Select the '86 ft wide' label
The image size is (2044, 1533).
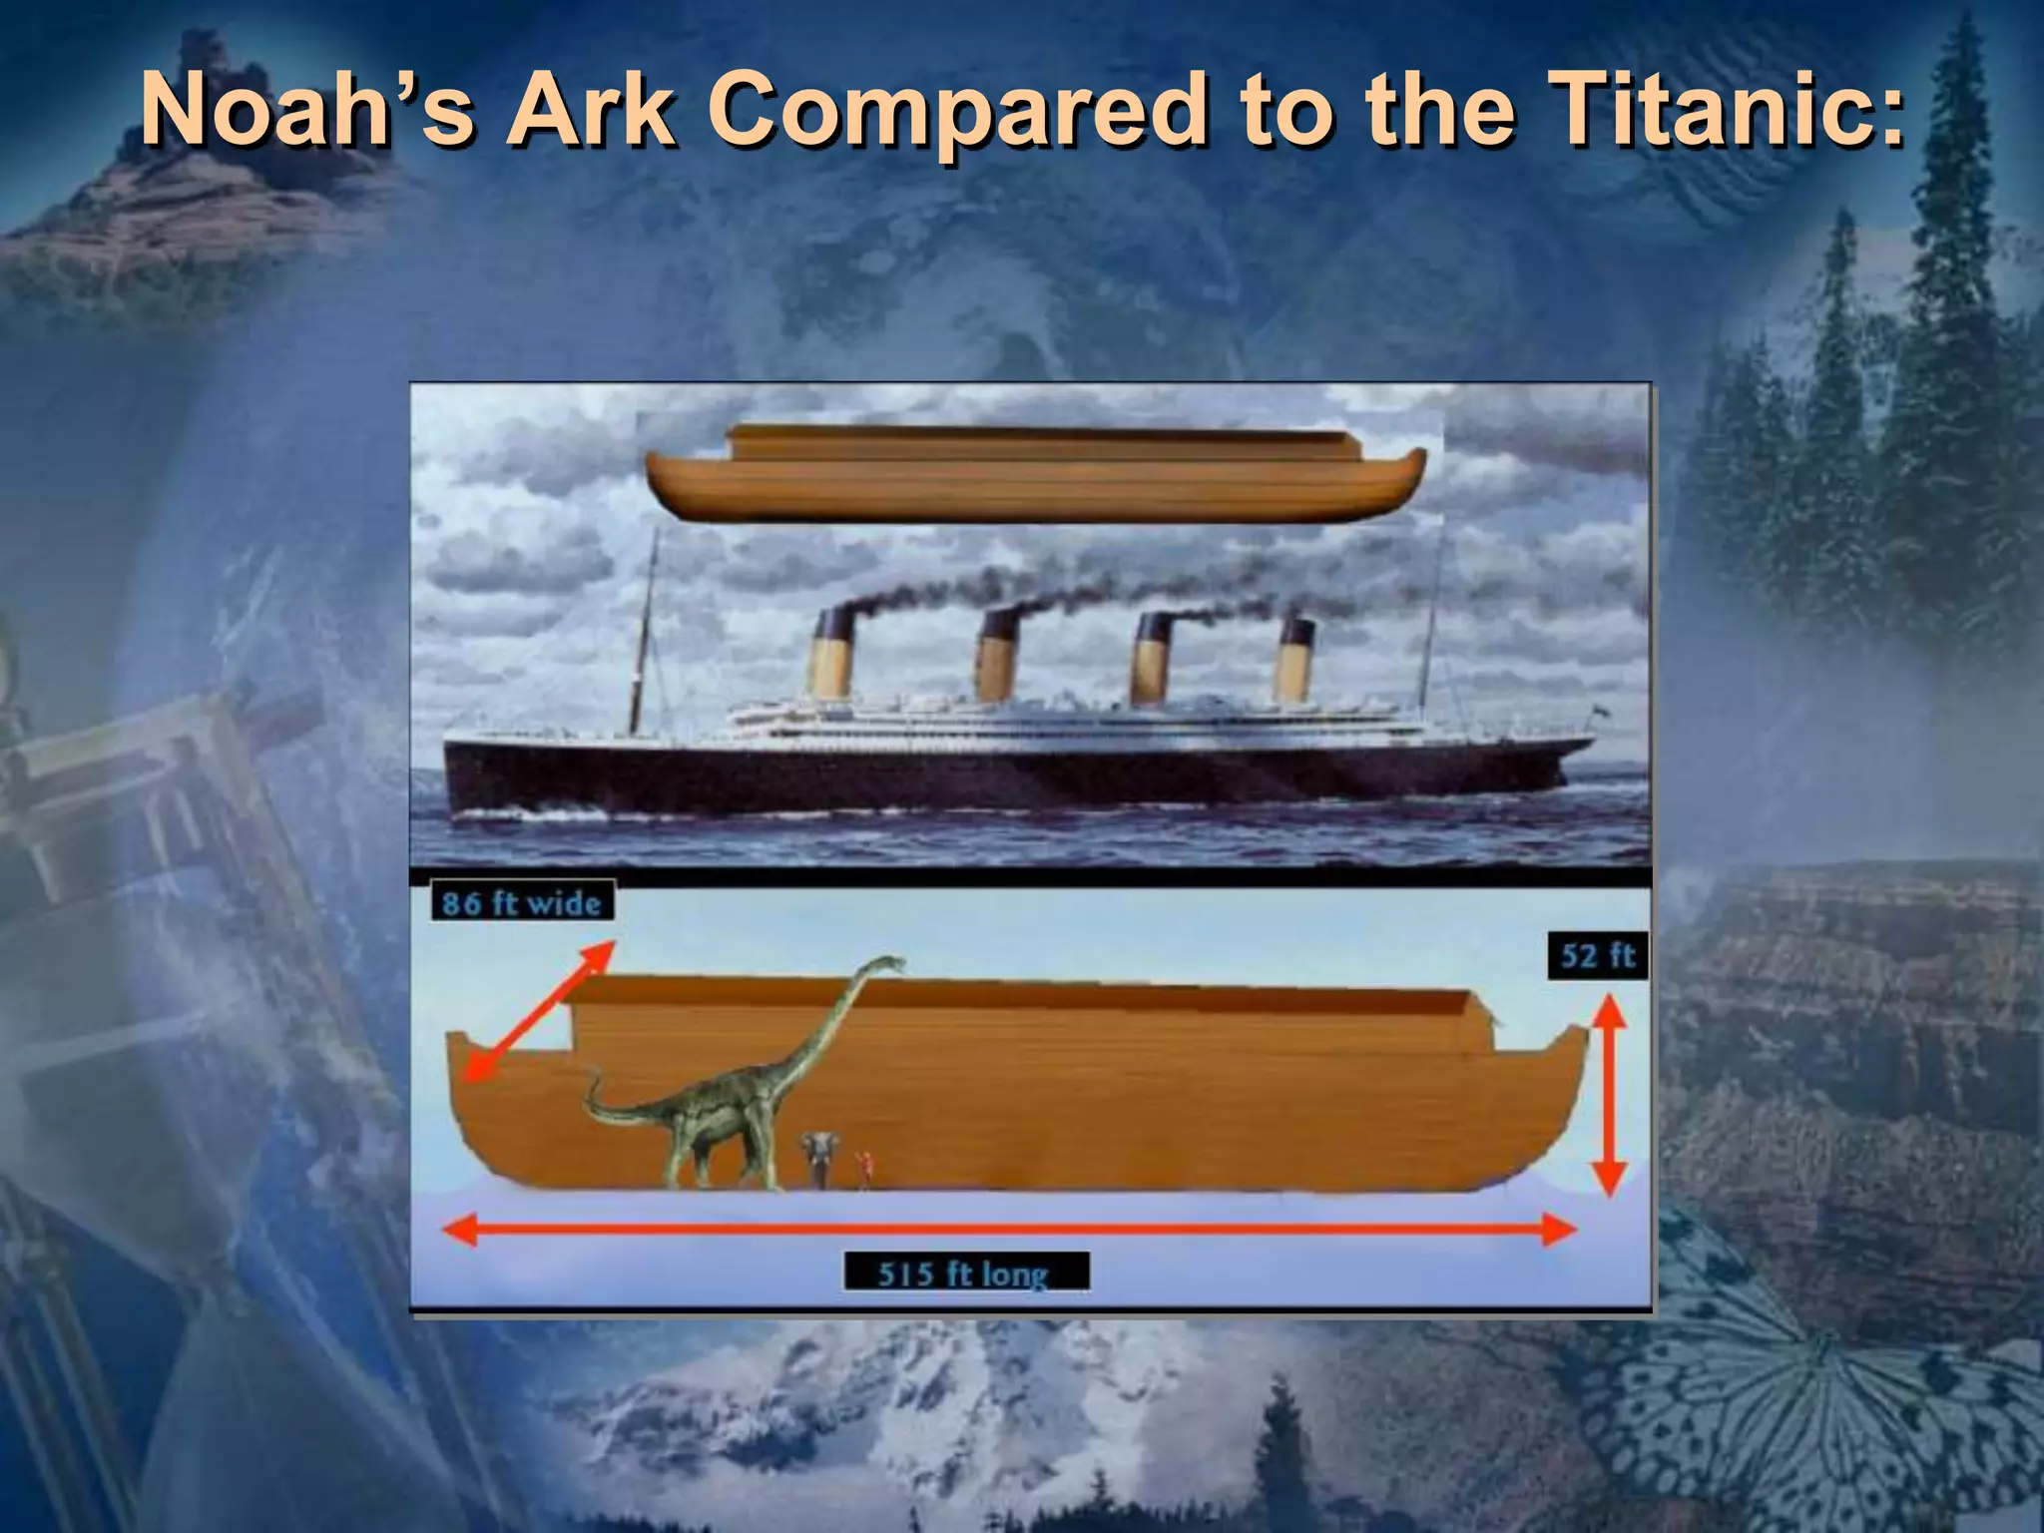[x=522, y=902]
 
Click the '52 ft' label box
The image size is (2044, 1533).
[x=1596, y=955]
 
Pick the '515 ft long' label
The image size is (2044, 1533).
[x=965, y=1274]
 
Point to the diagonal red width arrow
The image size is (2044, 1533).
[x=538, y=1011]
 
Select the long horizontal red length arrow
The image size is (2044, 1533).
[x=1008, y=1230]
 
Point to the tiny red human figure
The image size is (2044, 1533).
[x=864, y=1167]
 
